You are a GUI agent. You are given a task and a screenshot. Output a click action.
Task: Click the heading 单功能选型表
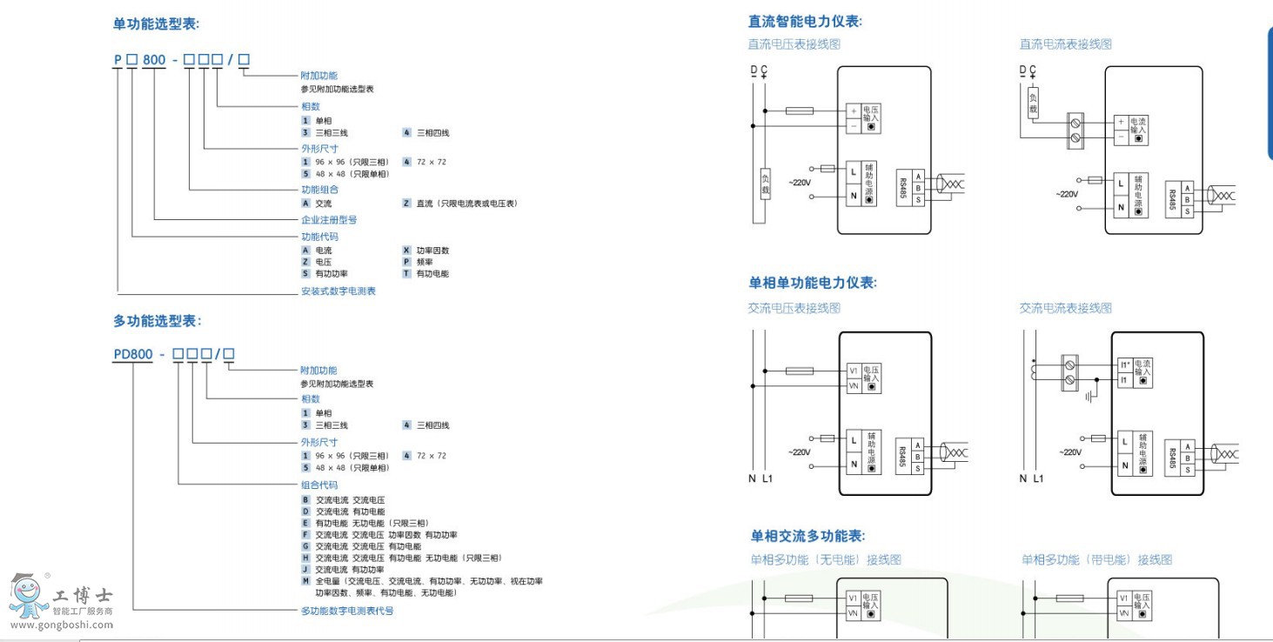163,24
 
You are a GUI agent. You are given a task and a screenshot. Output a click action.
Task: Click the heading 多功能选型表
157,321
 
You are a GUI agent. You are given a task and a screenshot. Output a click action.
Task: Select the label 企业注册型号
329,220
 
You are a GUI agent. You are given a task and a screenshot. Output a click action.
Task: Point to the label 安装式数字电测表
338,291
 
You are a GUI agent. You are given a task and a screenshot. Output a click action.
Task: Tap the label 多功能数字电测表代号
347,611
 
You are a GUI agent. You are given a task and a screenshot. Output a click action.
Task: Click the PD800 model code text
133,354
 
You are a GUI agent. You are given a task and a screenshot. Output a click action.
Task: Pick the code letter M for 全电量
305,580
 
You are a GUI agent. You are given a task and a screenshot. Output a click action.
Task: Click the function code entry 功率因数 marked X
432,251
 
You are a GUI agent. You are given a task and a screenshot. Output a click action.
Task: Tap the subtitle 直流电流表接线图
1066,44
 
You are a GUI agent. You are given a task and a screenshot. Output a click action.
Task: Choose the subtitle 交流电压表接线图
794,308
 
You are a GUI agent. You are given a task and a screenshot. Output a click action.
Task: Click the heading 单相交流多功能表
808,536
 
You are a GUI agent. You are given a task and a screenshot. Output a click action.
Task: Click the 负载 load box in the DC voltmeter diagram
766,184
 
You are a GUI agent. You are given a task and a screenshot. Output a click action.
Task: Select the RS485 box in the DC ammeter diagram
1172,199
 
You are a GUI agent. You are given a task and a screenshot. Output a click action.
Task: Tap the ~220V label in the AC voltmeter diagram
800,452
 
